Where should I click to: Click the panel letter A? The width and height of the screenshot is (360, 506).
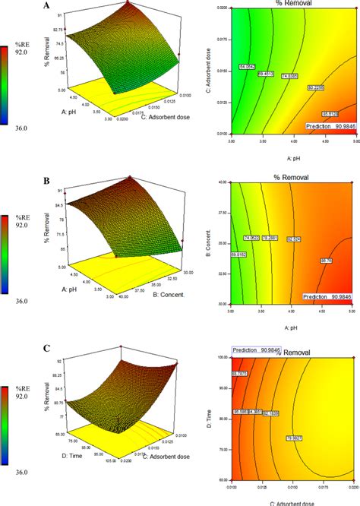(x=47, y=5)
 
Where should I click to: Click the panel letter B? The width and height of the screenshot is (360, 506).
(x=47, y=183)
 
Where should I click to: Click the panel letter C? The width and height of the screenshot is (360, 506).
(x=47, y=349)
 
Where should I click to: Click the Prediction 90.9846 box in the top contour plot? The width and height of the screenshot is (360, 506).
(x=327, y=124)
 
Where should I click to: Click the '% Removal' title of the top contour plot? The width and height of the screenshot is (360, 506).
(x=291, y=4)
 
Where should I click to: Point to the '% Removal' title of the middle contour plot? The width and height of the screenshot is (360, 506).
(x=291, y=177)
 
